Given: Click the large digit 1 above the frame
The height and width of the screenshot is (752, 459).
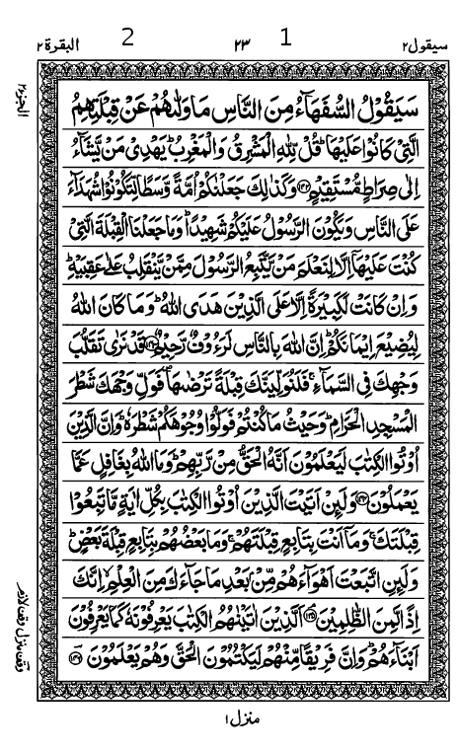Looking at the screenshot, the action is click(287, 38).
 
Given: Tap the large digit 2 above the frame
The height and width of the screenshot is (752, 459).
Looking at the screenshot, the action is click(127, 38).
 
